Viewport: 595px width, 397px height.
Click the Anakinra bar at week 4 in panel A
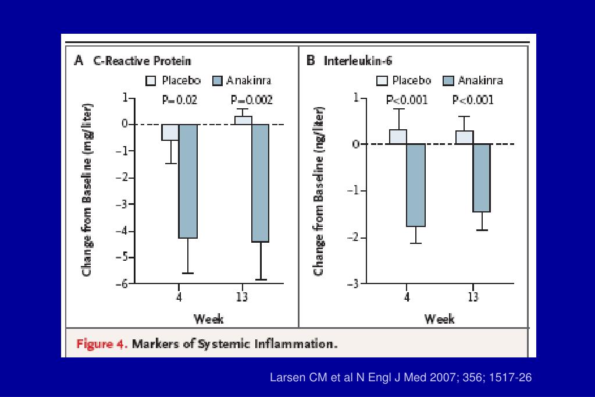click(x=188, y=181)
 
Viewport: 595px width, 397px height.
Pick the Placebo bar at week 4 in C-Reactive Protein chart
click(x=170, y=132)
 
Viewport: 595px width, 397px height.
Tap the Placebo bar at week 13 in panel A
click(x=244, y=120)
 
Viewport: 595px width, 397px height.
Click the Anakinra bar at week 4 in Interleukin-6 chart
click(x=416, y=185)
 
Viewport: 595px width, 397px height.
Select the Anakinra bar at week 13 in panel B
click(x=482, y=178)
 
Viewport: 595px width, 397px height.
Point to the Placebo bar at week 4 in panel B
click(x=398, y=137)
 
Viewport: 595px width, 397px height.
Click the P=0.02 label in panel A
click(x=179, y=100)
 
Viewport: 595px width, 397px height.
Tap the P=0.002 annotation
click(x=252, y=100)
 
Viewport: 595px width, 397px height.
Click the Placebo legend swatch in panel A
click(x=150, y=80)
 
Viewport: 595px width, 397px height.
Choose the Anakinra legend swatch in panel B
click(x=448, y=80)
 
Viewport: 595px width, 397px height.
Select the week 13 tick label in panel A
click(x=242, y=297)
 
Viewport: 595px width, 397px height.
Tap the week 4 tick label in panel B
click(x=407, y=297)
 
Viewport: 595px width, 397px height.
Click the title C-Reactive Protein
click(x=142, y=61)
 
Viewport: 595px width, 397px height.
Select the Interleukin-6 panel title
click(x=361, y=61)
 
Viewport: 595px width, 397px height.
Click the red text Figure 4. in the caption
click(x=102, y=343)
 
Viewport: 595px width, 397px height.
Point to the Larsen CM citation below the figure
click(x=401, y=378)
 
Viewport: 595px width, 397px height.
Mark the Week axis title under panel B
click(x=439, y=318)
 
